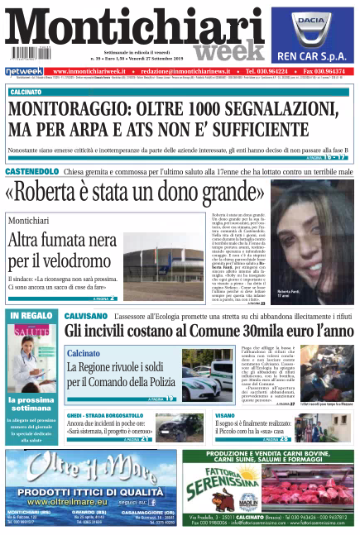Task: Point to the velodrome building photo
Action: tap(161, 254)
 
